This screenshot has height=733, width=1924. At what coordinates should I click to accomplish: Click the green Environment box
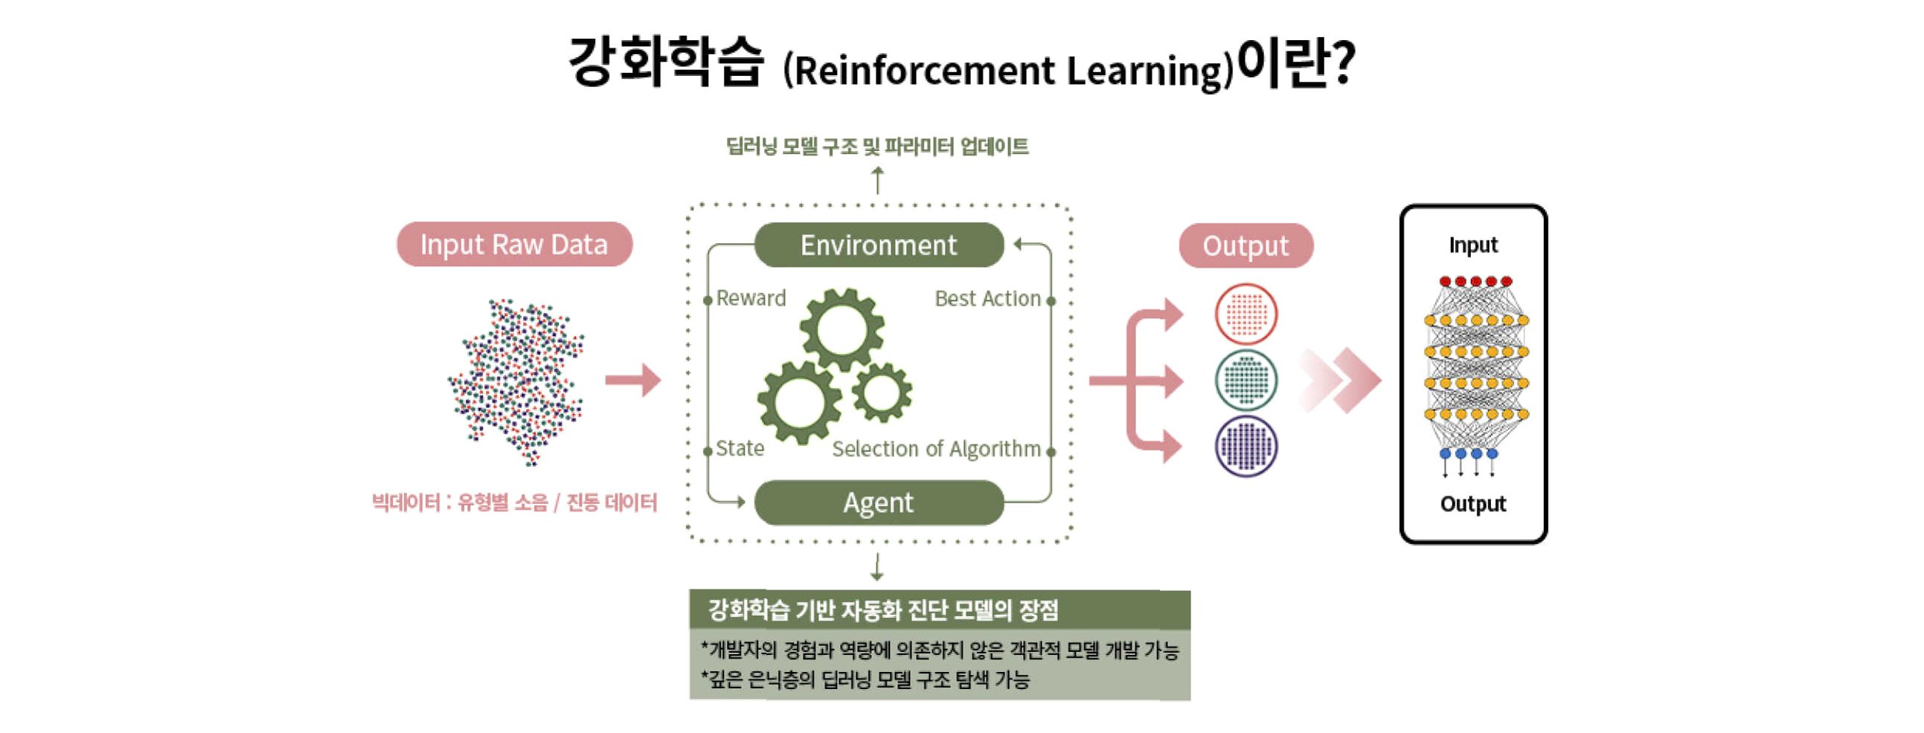coord(879,245)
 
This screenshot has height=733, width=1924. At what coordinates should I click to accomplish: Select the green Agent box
coord(879,503)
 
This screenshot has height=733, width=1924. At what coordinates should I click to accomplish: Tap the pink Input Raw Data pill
coord(514,244)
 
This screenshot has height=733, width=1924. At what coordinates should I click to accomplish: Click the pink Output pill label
coord(1245,245)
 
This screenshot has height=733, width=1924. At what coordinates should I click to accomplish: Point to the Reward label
coord(751,299)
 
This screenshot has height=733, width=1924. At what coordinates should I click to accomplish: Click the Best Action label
coord(987,299)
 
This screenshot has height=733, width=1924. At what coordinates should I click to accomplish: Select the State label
coord(740,448)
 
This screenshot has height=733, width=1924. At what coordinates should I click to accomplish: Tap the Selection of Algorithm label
coord(936,448)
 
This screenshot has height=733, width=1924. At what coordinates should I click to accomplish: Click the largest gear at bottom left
coord(799,401)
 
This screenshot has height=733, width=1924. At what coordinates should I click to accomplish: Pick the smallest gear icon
coord(882,392)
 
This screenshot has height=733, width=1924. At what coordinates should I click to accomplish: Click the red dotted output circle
coord(1245,314)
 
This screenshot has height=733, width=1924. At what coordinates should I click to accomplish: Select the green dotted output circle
coord(1245,380)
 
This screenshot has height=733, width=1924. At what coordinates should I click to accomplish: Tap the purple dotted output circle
coord(1245,446)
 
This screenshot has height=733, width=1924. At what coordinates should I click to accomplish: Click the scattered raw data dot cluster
coord(517,381)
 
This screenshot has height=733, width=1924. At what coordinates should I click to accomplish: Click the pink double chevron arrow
coord(1341,380)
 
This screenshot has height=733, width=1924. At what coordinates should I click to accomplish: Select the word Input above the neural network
coord(1473,245)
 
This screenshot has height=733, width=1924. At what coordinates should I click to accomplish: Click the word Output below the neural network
coord(1473,504)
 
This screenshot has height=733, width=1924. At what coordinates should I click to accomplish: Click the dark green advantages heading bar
coord(939,610)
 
